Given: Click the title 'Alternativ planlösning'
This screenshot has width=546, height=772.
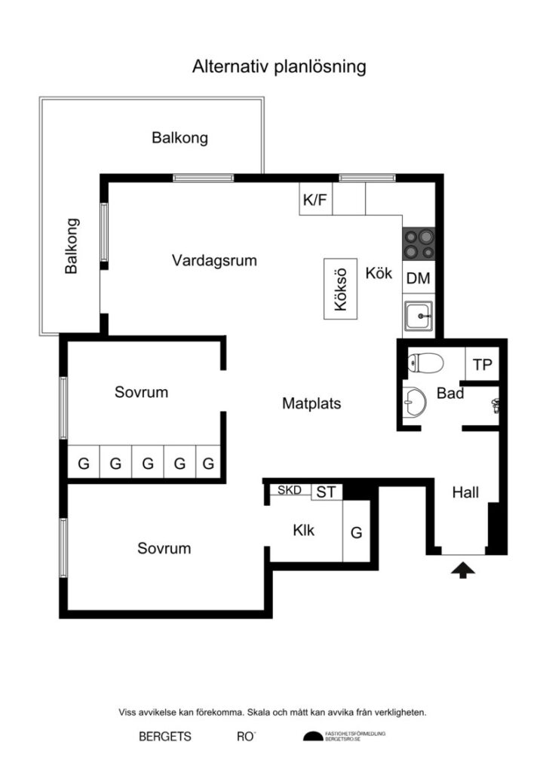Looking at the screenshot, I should [279, 66].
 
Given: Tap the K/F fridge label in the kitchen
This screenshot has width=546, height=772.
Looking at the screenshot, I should [315, 200].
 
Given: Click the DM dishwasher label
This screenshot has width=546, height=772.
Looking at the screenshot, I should [418, 278].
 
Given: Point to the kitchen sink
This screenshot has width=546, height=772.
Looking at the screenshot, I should [418, 315].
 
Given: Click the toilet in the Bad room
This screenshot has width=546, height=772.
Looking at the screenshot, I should [424, 364].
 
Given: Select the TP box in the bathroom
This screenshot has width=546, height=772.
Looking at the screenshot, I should [482, 365].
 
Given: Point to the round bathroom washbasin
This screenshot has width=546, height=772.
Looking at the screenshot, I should [415, 401].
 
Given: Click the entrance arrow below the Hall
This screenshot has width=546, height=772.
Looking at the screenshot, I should [463, 570].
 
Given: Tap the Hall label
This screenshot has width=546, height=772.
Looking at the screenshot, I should [465, 493].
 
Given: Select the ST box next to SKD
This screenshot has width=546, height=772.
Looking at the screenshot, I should [326, 492].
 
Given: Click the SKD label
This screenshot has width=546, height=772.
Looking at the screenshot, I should [290, 490].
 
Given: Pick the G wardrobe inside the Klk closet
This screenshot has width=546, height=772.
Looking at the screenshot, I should [357, 532].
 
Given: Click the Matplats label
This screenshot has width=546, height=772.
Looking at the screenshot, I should [311, 403].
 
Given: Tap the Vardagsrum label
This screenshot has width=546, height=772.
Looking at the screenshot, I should [214, 261].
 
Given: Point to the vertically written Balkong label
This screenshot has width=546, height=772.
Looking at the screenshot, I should [72, 246].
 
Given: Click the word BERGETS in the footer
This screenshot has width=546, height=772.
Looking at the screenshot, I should [164, 737].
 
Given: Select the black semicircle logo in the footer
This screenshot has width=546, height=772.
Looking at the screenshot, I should [312, 737].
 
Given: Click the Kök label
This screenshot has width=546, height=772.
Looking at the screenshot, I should [379, 273].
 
